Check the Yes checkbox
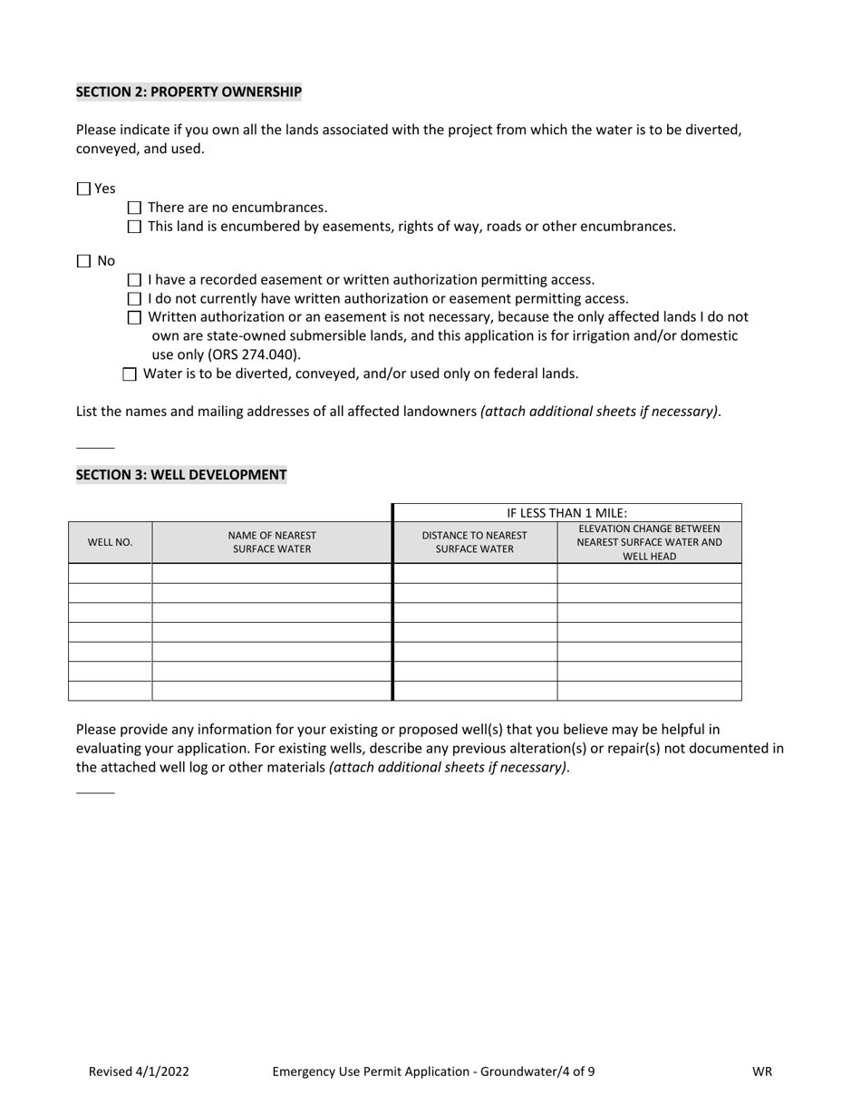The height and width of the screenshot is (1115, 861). (84, 189)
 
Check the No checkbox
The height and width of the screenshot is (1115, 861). (84, 261)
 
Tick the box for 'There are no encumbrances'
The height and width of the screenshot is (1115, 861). (135, 208)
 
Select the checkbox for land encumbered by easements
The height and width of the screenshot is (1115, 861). (135, 227)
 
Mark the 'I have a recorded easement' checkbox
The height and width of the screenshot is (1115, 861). (135, 280)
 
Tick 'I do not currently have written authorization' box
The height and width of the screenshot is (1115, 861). (135, 299)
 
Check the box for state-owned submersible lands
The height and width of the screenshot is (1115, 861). (135, 317)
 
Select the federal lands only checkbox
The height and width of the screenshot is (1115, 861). (130, 373)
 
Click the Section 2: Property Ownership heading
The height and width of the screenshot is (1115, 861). (189, 92)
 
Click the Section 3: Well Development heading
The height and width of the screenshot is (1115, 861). (181, 474)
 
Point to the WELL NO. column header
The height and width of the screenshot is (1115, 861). (110, 542)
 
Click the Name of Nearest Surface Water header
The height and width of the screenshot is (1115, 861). (272, 542)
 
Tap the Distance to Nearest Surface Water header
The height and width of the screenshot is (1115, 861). (474, 542)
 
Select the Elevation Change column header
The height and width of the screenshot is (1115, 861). (649, 542)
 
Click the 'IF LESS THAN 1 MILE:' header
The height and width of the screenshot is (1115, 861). (566, 513)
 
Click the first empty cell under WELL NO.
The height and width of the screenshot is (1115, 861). (110, 573)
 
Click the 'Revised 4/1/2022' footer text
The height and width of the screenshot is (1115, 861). (139, 1071)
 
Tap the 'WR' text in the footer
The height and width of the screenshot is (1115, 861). (761, 1071)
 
